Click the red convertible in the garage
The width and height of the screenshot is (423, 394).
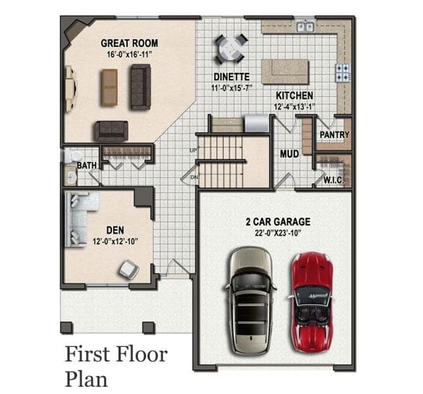tap(311, 302)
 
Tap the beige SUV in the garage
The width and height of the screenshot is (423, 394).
tap(250, 301)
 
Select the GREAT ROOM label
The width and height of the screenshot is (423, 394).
tap(129, 43)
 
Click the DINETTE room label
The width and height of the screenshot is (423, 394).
tap(232, 77)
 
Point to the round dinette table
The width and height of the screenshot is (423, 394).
tap(231, 49)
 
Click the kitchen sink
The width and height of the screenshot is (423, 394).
tap(305, 27)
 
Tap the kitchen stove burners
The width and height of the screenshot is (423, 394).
tap(343, 73)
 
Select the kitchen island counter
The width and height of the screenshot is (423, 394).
tap(285, 72)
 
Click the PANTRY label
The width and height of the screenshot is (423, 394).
tap(334, 134)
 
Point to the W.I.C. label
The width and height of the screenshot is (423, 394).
tap(333, 180)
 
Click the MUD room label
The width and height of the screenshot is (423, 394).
tap(289, 154)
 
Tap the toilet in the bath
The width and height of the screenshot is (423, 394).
tap(71, 156)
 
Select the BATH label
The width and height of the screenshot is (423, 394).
tap(87, 166)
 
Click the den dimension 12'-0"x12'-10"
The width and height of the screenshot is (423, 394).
tap(115, 241)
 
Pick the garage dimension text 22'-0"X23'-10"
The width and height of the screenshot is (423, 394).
tap(278, 233)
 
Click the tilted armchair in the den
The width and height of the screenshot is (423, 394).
tap(129, 270)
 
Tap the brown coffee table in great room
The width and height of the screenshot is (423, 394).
tap(109, 87)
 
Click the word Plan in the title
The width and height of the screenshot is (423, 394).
tap(86, 379)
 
